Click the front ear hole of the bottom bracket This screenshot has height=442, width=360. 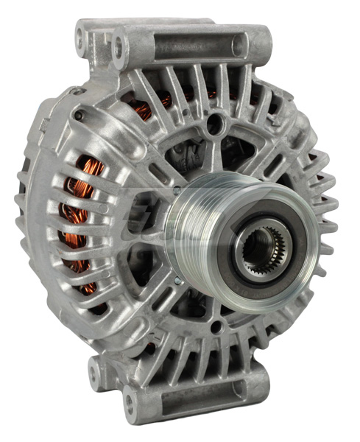129,399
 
